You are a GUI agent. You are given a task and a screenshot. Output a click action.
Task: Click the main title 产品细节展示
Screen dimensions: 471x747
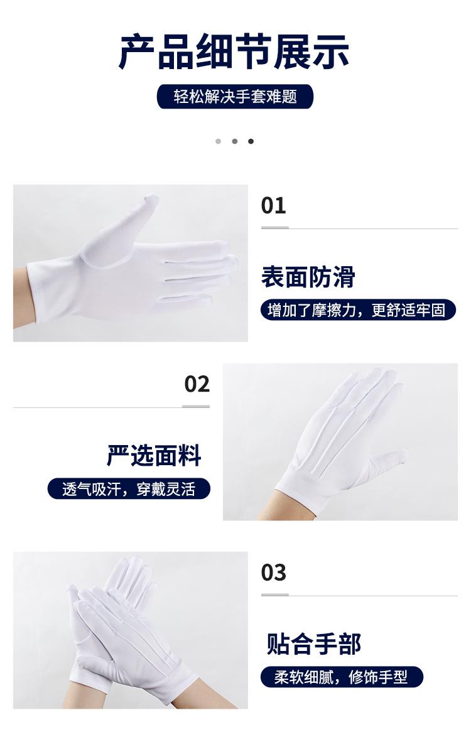tap(234, 51)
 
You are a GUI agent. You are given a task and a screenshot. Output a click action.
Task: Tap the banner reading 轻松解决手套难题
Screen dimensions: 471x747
tap(235, 96)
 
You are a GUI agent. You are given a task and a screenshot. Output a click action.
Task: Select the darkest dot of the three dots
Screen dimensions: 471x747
tap(251, 141)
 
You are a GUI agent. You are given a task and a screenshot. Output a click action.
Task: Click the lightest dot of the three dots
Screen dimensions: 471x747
tap(219, 141)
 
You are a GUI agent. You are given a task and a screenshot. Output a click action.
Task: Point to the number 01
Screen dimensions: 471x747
tap(273, 205)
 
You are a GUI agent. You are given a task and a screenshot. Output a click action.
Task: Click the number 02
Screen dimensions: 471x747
tap(197, 384)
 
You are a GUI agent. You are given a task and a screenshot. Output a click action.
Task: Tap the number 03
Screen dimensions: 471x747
tap(273, 572)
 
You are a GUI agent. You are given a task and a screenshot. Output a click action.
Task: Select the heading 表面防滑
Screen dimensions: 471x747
tap(308, 277)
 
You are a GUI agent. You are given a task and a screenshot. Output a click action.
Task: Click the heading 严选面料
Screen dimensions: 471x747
tap(154, 455)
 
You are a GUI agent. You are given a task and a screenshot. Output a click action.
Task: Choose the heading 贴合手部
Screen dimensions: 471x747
tap(313, 643)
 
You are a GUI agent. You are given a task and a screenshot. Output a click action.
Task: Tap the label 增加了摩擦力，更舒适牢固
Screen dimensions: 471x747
tap(358, 310)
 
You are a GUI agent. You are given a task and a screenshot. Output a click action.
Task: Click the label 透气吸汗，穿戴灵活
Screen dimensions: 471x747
tap(129, 489)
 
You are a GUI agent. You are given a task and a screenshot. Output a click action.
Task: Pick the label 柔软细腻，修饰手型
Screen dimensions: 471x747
tap(342, 677)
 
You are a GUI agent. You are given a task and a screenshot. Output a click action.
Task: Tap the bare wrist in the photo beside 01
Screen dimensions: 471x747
tap(22, 298)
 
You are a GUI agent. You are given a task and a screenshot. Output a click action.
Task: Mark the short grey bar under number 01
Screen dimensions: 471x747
tap(274, 228)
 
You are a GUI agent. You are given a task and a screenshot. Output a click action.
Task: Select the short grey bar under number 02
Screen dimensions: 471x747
tap(196, 406)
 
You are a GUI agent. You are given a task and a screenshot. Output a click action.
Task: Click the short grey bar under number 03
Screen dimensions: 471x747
tap(274, 594)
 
